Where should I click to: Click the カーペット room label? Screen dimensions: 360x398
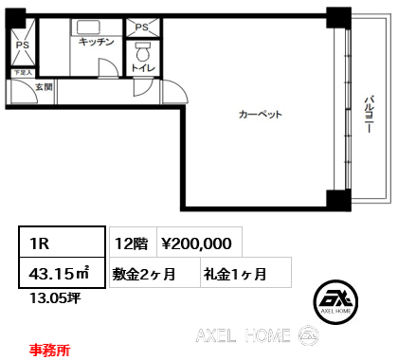tap(261, 115)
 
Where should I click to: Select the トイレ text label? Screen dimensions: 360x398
tap(143, 67)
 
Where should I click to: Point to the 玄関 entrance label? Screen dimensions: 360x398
tap(44, 87)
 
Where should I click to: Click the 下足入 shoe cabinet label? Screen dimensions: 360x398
tap(22, 72)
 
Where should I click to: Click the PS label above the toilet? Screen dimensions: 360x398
tap(143, 28)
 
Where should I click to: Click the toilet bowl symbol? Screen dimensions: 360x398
tap(143, 49)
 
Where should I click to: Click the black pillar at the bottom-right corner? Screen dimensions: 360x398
tap(337, 201)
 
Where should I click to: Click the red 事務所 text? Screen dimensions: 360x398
tap(49, 349)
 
